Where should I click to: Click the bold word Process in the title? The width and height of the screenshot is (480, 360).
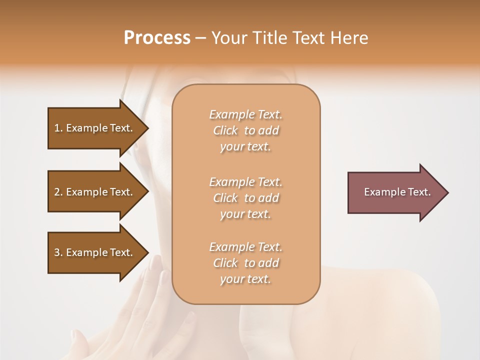[157, 38]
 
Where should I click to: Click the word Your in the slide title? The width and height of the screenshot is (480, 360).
[229, 38]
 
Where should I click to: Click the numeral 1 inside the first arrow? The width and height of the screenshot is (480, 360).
[57, 128]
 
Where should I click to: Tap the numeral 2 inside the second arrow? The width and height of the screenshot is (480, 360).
[57, 192]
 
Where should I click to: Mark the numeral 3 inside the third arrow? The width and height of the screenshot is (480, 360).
[57, 252]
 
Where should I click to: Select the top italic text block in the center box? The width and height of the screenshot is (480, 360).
[245, 130]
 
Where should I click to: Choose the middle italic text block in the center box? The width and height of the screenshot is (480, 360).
[245, 198]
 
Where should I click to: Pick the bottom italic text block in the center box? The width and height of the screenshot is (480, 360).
[245, 263]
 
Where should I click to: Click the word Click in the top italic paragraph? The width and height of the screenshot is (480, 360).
[225, 130]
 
